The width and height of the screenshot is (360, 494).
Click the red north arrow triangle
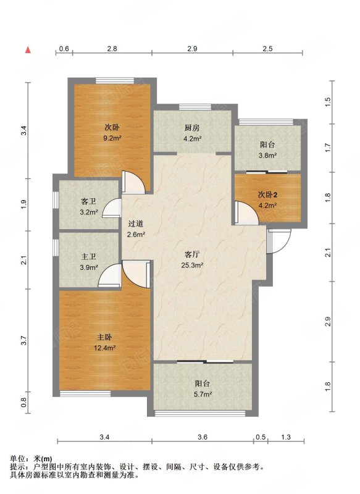coord(28,50)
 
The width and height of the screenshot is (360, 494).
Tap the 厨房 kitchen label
coord(192,128)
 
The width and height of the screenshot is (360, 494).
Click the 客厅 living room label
coord(192,254)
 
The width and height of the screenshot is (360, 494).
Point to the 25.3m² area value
coord(192,266)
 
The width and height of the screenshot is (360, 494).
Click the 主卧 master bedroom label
coord(104,337)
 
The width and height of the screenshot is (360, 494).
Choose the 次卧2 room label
coord(268,195)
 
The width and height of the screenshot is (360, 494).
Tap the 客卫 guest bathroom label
coord(88,202)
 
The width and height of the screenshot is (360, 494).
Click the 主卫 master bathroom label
coord(88,257)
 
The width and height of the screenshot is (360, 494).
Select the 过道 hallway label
coord(136,224)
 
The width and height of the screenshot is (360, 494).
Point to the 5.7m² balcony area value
coord(203,394)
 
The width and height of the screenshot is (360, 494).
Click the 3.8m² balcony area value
coord(268,156)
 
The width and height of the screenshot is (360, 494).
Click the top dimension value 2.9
coord(192,49)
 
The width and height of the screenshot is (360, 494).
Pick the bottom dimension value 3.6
coord(203,437)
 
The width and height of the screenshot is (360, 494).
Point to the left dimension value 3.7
coord(24,341)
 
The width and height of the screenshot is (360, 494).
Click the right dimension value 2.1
coord(328,253)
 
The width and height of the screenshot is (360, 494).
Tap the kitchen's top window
coord(195,107)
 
